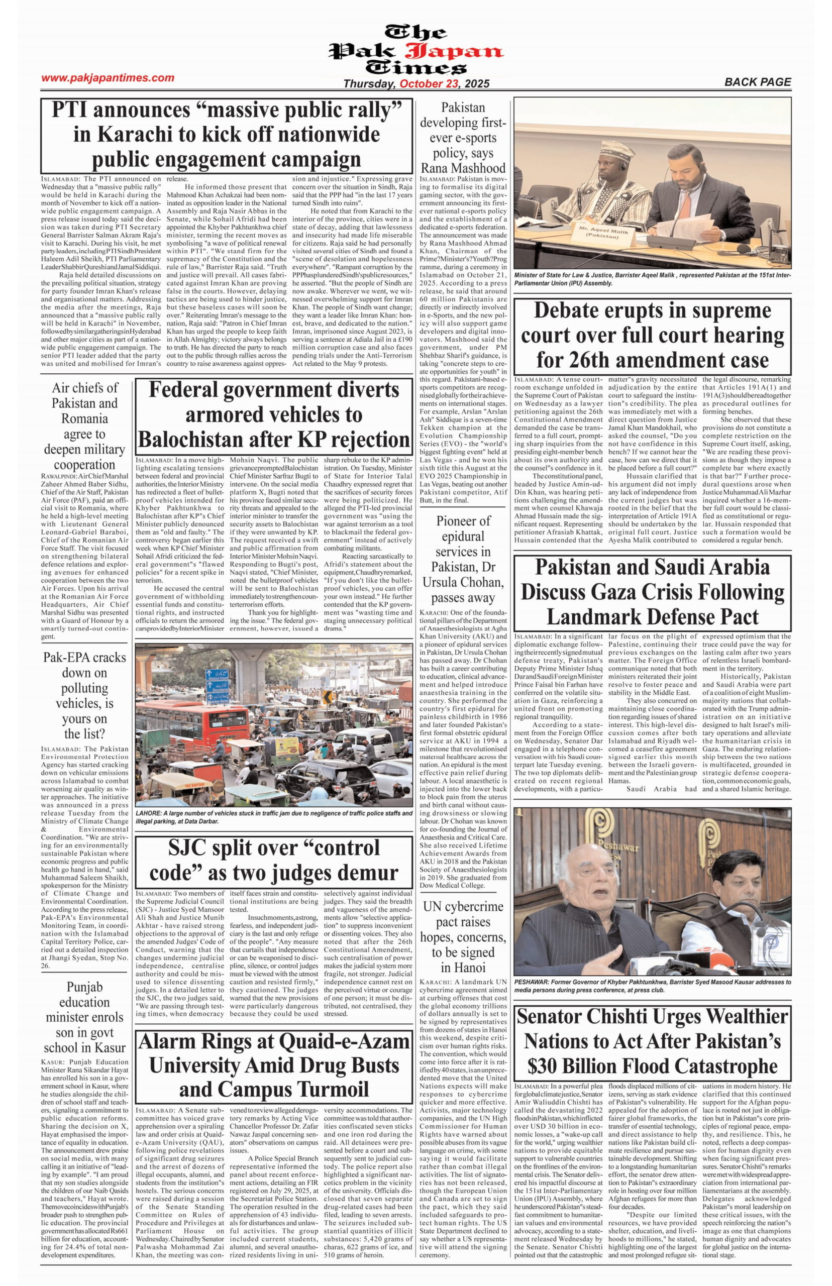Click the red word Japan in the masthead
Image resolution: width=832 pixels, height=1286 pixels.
coord(461,52)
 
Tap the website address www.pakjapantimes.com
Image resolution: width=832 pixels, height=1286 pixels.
coord(108,78)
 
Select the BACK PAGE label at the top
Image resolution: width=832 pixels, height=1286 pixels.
coord(758,82)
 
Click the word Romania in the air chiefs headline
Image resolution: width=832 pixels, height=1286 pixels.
coord(84,418)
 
